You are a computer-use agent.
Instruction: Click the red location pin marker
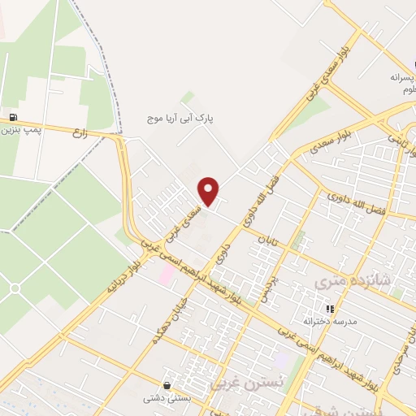point(209,190)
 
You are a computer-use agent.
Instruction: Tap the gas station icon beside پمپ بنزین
point(12,116)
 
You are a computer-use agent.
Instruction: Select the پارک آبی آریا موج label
point(185,118)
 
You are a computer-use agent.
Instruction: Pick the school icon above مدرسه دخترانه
point(329,309)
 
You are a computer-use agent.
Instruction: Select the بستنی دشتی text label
point(167,398)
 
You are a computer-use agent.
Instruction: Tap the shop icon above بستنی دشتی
point(167,385)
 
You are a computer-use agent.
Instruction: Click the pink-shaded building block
point(166,275)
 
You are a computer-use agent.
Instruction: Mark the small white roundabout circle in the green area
point(15,288)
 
